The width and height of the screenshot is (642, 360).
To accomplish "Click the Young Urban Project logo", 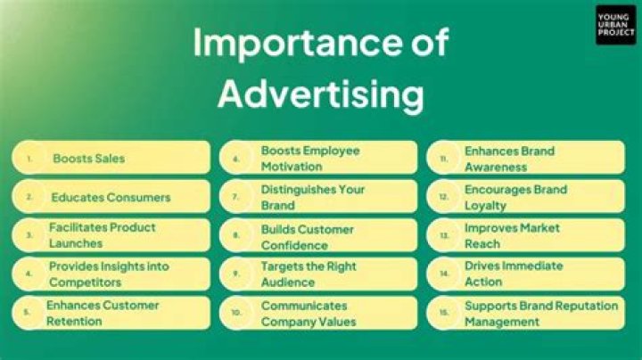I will click(x=615, y=25).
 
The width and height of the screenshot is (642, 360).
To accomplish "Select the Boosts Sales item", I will click(x=111, y=159).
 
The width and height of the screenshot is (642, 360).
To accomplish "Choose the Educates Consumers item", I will click(x=111, y=197).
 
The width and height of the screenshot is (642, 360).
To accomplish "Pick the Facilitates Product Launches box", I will click(x=111, y=235).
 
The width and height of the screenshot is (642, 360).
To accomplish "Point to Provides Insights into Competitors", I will click(x=111, y=274).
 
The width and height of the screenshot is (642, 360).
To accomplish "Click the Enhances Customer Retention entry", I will click(x=111, y=313).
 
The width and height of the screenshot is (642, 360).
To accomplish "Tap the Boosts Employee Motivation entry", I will click(x=318, y=159).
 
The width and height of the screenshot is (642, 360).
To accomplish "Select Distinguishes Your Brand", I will click(x=318, y=197).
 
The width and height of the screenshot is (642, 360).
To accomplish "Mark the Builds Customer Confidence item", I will click(x=318, y=235).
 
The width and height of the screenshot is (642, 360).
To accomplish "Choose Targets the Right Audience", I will click(x=318, y=274).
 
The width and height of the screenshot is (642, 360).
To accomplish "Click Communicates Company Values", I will click(x=318, y=313).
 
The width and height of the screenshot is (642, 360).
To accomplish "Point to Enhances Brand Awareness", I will click(x=524, y=159).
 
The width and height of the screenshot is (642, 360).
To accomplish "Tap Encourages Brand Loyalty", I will click(x=524, y=197).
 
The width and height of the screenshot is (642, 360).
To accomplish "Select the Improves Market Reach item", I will click(x=524, y=235).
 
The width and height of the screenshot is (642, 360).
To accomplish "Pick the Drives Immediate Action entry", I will click(x=524, y=274).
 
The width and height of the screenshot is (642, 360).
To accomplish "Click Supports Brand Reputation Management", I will click(x=524, y=313).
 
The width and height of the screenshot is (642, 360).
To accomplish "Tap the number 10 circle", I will click(x=236, y=313).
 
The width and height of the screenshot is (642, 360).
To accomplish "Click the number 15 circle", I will click(x=443, y=313).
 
